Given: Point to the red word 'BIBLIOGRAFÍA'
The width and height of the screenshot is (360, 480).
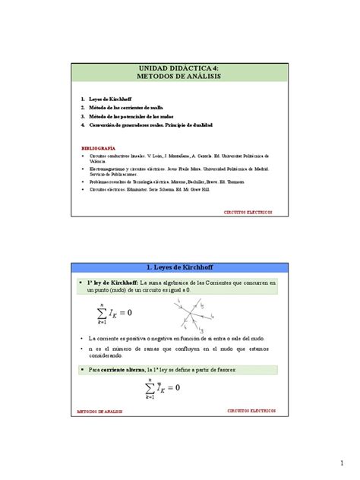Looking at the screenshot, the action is coord(98,149).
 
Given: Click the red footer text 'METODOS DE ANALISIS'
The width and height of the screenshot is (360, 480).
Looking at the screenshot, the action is coord(99,410).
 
